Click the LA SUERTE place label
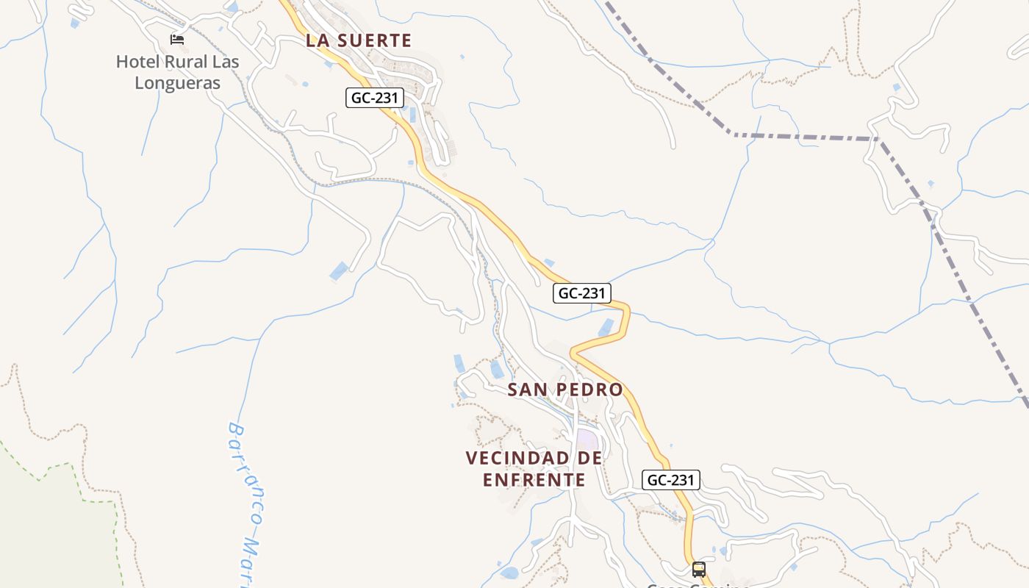tap(359, 40)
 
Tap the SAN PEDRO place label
tap(565, 390)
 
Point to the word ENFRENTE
tap(534, 480)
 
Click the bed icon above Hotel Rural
tap(177, 39)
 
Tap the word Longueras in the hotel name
tap(177, 83)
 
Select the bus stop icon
tap(698, 569)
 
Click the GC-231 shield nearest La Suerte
tap(375, 97)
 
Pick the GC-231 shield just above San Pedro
tap(581, 293)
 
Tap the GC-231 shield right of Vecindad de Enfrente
tap(671, 480)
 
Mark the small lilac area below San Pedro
tap(587, 440)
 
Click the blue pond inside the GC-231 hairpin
tap(606, 328)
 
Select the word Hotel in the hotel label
tap(137, 62)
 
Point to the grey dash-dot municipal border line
tap(801, 137)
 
